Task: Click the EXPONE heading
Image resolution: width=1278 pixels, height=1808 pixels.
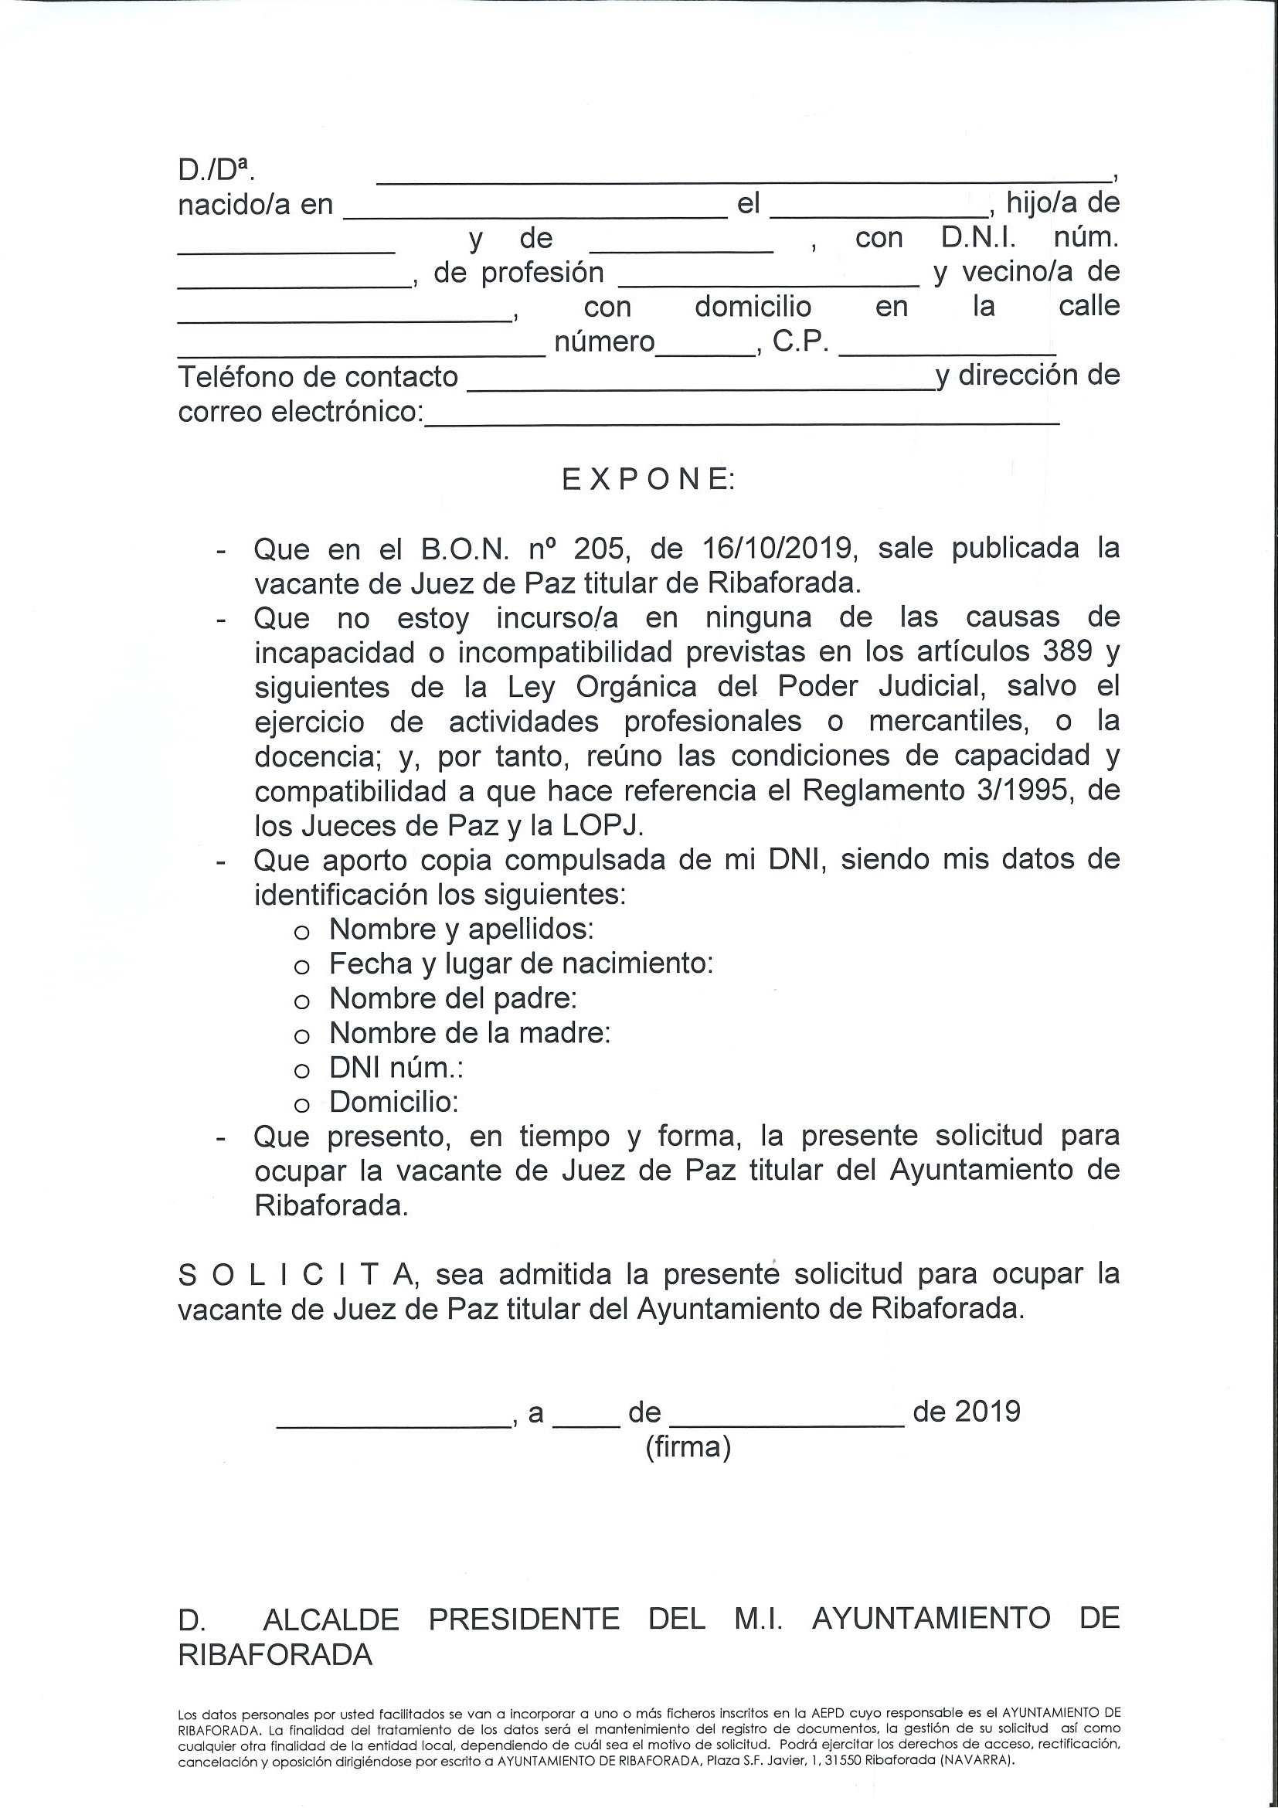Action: (x=648, y=481)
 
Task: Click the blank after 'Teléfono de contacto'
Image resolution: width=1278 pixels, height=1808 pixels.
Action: (x=701, y=382)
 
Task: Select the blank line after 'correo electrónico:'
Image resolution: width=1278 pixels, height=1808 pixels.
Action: (x=741, y=416)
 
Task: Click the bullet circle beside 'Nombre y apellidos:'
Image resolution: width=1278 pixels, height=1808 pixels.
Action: (x=301, y=933)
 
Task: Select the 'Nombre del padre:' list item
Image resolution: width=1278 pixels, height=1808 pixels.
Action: (x=453, y=998)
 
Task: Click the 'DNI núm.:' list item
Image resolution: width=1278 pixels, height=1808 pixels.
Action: (x=396, y=1068)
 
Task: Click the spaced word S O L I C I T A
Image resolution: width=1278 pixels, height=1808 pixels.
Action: (x=295, y=1274)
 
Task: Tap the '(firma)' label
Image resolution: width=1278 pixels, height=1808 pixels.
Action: (x=688, y=1447)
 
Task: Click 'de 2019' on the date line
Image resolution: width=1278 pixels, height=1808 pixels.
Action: (x=966, y=1411)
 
